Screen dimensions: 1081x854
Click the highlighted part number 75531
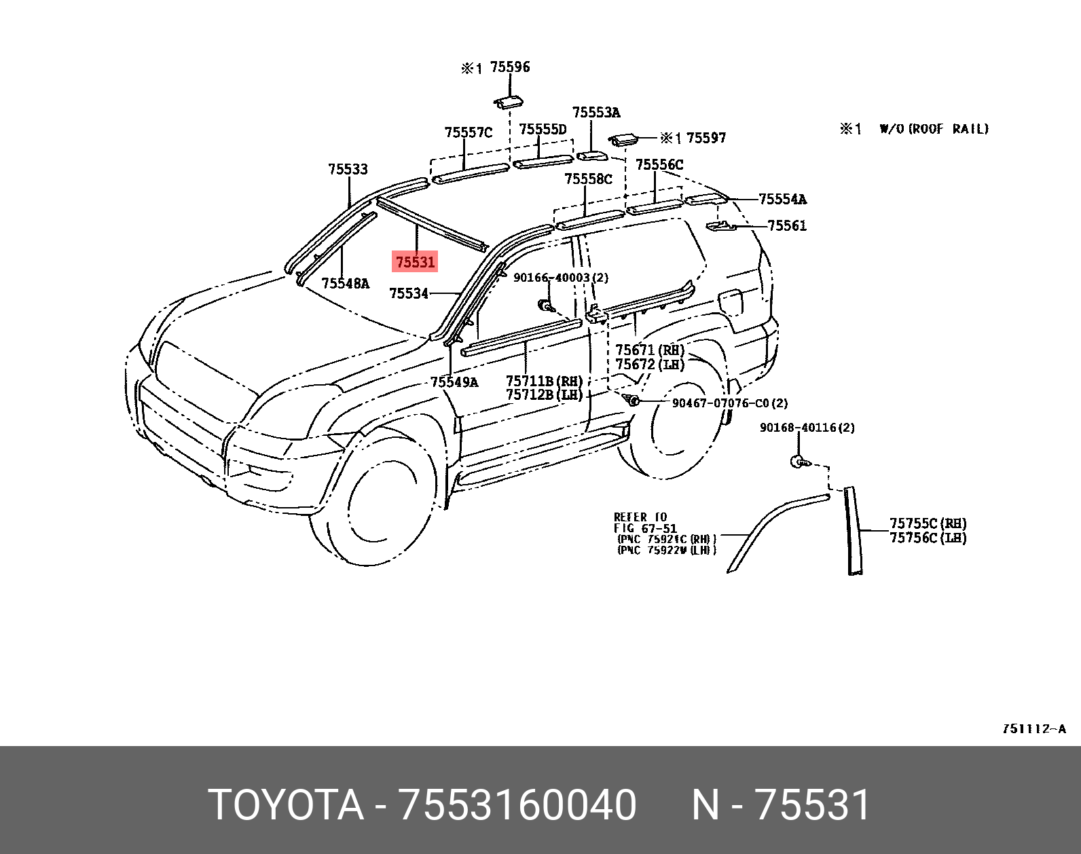coord(415,261)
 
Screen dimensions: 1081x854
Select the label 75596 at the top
coord(509,67)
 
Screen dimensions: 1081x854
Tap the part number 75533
coord(348,169)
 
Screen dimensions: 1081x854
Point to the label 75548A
coord(346,284)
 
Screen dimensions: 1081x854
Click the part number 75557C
coord(468,132)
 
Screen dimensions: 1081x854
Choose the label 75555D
coord(542,129)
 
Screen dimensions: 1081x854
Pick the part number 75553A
coord(596,113)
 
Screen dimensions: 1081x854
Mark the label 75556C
coord(659,165)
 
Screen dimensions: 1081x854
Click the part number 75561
coord(787,225)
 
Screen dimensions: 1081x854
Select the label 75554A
coord(782,199)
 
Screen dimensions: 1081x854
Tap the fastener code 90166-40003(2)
coord(561,278)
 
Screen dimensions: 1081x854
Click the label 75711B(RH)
coord(544,382)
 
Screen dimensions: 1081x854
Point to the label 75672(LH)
coord(650,365)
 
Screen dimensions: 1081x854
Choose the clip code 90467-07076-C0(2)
coord(730,403)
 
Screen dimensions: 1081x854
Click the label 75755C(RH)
coord(928,523)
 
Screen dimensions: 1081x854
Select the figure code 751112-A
coord(1033,729)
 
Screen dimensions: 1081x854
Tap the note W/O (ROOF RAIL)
coord(934,129)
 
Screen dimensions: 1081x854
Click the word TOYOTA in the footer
coord(286,805)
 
